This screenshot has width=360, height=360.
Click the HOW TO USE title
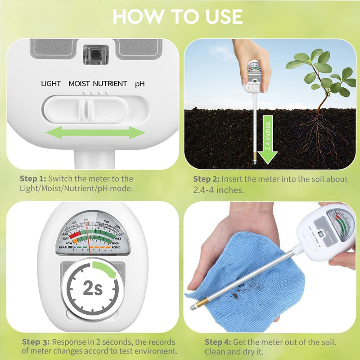click(178, 17)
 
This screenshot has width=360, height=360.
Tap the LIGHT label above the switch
click(51, 84)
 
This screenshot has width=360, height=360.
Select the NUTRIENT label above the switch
click(110, 84)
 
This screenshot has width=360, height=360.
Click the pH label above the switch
click(140, 84)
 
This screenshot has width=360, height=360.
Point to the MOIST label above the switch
click(79, 84)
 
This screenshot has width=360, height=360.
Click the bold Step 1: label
click(33, 179)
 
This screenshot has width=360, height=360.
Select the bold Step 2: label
click(207, 179)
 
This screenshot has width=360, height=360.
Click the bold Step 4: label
click(219, 342)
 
